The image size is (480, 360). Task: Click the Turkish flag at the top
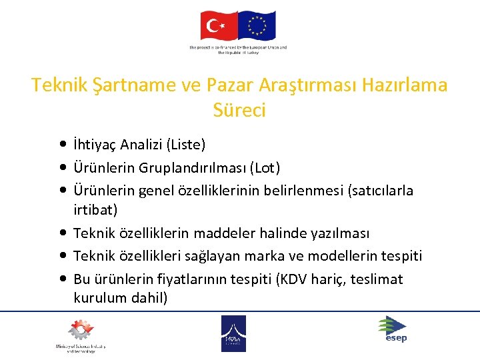[219, 27]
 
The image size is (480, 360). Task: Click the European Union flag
[257, 27]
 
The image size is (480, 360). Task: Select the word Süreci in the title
[239, 110]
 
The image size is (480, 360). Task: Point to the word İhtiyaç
[97, 145]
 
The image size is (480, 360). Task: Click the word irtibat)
[95, 210]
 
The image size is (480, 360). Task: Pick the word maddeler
[211, 233]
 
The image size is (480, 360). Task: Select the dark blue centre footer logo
[233, 333]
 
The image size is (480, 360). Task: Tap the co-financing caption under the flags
[238, 51]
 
